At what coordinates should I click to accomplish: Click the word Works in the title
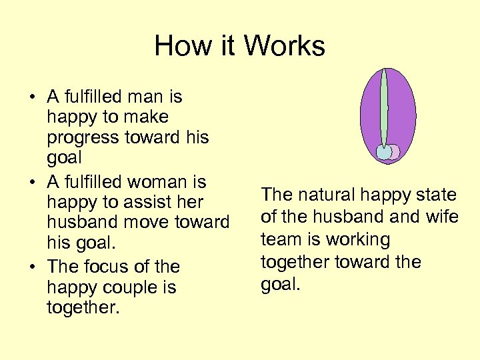coord(284,46)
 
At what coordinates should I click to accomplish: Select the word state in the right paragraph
coord(434,195)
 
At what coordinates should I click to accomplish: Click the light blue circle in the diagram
coord(384,153)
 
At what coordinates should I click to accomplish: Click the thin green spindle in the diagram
coord(383,107)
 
